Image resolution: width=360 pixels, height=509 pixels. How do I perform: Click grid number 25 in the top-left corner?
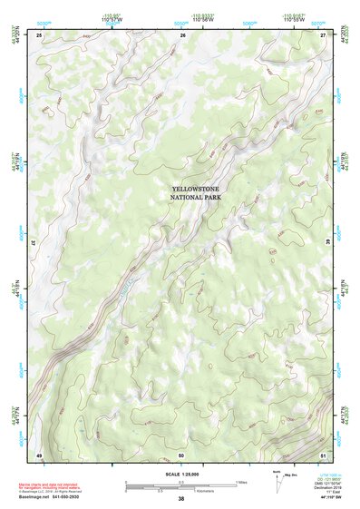click(x=39, y=34)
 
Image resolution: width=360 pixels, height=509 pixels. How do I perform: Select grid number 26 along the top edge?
click(x=183, y=34)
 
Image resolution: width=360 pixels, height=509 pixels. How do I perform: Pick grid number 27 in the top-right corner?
click(x=324, y=34)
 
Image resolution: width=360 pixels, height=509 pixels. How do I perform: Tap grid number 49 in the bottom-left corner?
click(x=39, y=454)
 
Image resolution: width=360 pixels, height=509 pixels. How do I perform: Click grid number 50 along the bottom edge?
click(x=181, y=454)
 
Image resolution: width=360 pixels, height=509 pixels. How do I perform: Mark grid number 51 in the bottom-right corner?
click(x=324, y=454)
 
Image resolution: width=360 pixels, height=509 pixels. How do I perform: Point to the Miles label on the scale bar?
click(x=241, y=482)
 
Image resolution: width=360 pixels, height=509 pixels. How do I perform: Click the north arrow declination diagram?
click(x=277, y=485)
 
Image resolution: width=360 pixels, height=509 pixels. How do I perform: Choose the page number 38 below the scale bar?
click(x=180, y=500)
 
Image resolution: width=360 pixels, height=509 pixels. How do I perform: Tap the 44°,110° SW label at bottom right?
click(x=335, y=498)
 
